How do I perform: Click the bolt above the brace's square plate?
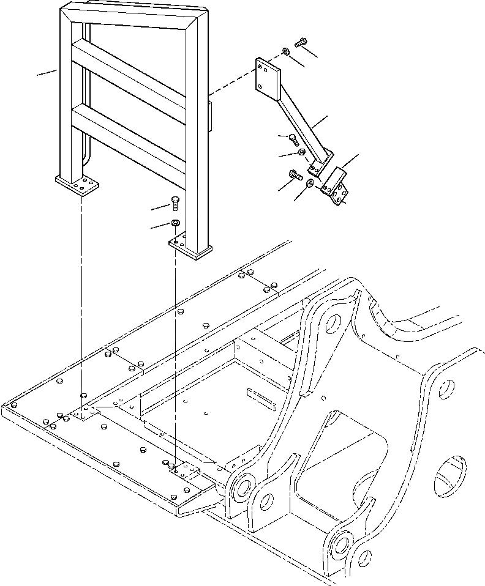[300, 43]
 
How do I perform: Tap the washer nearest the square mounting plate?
[286, 51]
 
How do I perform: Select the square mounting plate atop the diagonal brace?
[268, 76]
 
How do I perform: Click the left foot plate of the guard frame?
[77, 183]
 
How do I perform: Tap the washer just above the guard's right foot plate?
[175, 222]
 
